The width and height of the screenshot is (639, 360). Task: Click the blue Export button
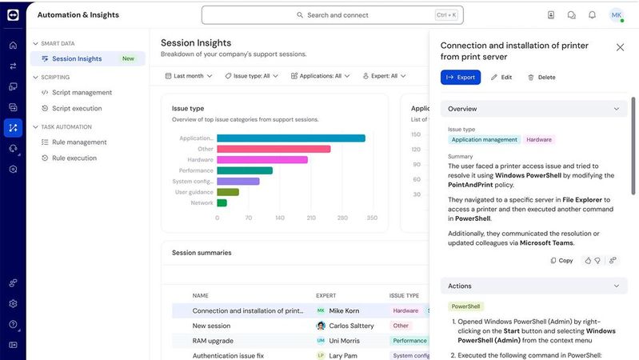(x=461, y=78)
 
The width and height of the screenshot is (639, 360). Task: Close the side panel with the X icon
(x=620, y=47)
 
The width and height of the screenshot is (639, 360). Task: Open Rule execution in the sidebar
(x=74, y=158)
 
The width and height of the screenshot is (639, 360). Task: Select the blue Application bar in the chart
(x=290, y=138)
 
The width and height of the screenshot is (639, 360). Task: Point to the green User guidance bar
(x=228, y=192)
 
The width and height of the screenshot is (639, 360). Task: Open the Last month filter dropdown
(x=190, y=76)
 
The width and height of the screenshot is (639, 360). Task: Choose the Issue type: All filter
(x=252, y=76)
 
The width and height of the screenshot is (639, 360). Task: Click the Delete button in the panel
(x=541, y=78)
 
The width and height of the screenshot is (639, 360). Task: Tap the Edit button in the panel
(x=501, y=78)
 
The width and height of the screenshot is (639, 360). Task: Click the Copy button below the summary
(x=561, y=260)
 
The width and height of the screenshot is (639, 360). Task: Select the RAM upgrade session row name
(x=212, y=341)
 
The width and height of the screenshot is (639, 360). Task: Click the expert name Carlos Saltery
(x=350, y=326)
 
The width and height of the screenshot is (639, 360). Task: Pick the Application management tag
(x=484, y=140)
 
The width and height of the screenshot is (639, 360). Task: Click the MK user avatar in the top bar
(x=616, y=15)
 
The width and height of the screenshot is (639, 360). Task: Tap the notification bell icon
(x=592, y=15)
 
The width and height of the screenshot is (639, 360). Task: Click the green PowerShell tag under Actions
(x=465, y=306)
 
